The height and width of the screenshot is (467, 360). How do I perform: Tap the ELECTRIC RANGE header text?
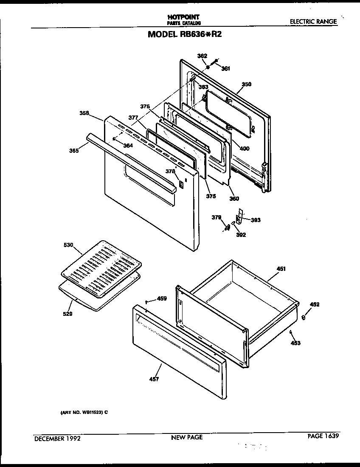coord(313,21)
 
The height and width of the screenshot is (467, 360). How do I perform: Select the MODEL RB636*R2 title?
coord(185,34)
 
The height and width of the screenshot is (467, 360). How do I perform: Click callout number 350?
coord(246,84)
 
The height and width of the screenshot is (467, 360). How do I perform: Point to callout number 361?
coord(225,68)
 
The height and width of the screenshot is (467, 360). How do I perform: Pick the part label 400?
coord(244,149)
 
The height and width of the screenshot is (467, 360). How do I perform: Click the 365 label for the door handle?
coord(74,150)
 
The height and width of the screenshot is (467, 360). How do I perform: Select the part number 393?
coord(256,220)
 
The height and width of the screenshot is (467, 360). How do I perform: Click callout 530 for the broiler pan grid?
coord(69,245)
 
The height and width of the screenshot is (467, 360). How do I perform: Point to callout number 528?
coord(67,314)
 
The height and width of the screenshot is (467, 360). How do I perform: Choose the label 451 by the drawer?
coord(281,269)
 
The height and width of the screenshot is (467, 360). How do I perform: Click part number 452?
coord(315,304)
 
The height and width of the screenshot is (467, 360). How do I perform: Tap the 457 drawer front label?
coord(154,379)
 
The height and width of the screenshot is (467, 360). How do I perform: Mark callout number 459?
coord(162,298)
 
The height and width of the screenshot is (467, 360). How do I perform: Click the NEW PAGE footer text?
coord(187,437)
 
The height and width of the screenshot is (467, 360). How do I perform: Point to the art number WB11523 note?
coord(84,411)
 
